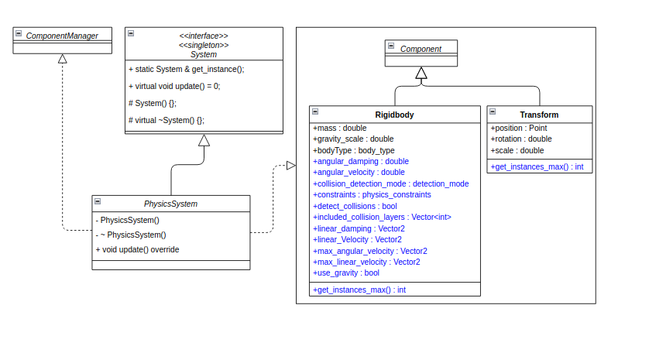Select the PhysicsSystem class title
click(170, 204)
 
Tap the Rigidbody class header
click(394, 115)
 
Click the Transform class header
click(539, 115)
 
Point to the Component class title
click(421, 49)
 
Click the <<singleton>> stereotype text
click(204, 45)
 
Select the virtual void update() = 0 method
click(174, 86)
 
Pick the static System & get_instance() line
click(186, 69)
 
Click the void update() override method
click(137, 249)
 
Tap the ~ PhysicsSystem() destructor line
click(131, 235)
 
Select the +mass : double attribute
click(339, 128)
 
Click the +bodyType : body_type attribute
click(353, 150)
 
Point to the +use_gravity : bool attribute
click(345, 273)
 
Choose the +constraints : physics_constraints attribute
click(372, 195)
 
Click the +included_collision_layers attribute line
click(382, 218)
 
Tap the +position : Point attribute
click(519, 128)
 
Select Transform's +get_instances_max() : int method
click(537, 166)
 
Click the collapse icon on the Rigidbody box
click(314, 111)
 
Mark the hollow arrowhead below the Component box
click(421, 74)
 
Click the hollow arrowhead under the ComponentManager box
click(63, 59)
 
